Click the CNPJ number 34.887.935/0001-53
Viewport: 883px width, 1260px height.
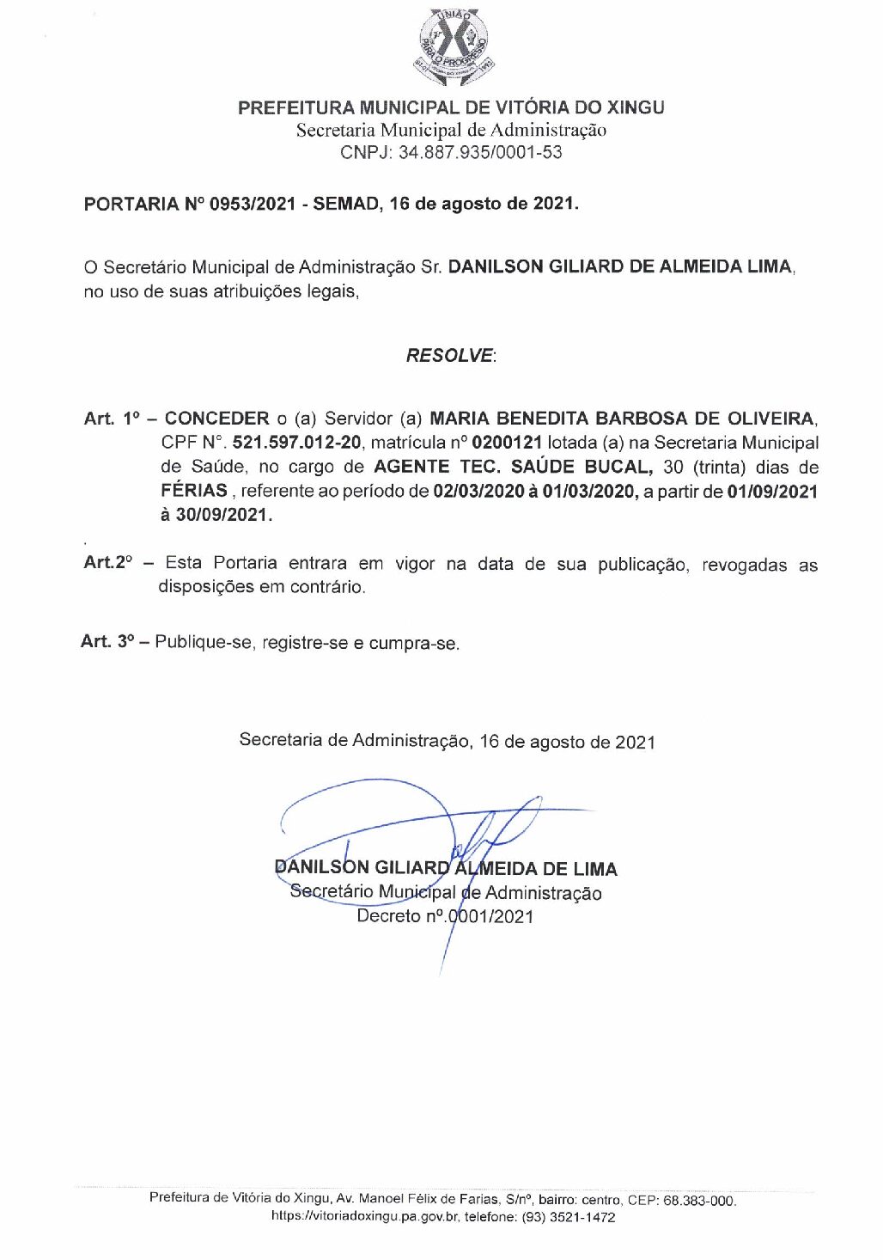pos(480,153)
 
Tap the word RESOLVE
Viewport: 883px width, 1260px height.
pos(450,356)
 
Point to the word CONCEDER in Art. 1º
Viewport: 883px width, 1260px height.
pos(216,419)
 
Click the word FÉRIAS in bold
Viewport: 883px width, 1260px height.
pos(194,492)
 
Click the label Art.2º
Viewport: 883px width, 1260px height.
pos(108,563)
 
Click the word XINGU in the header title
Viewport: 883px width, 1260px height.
pos(636,107)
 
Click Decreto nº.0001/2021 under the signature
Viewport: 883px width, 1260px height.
pos(445,917)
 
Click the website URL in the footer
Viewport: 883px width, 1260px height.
pos(365,1218)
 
